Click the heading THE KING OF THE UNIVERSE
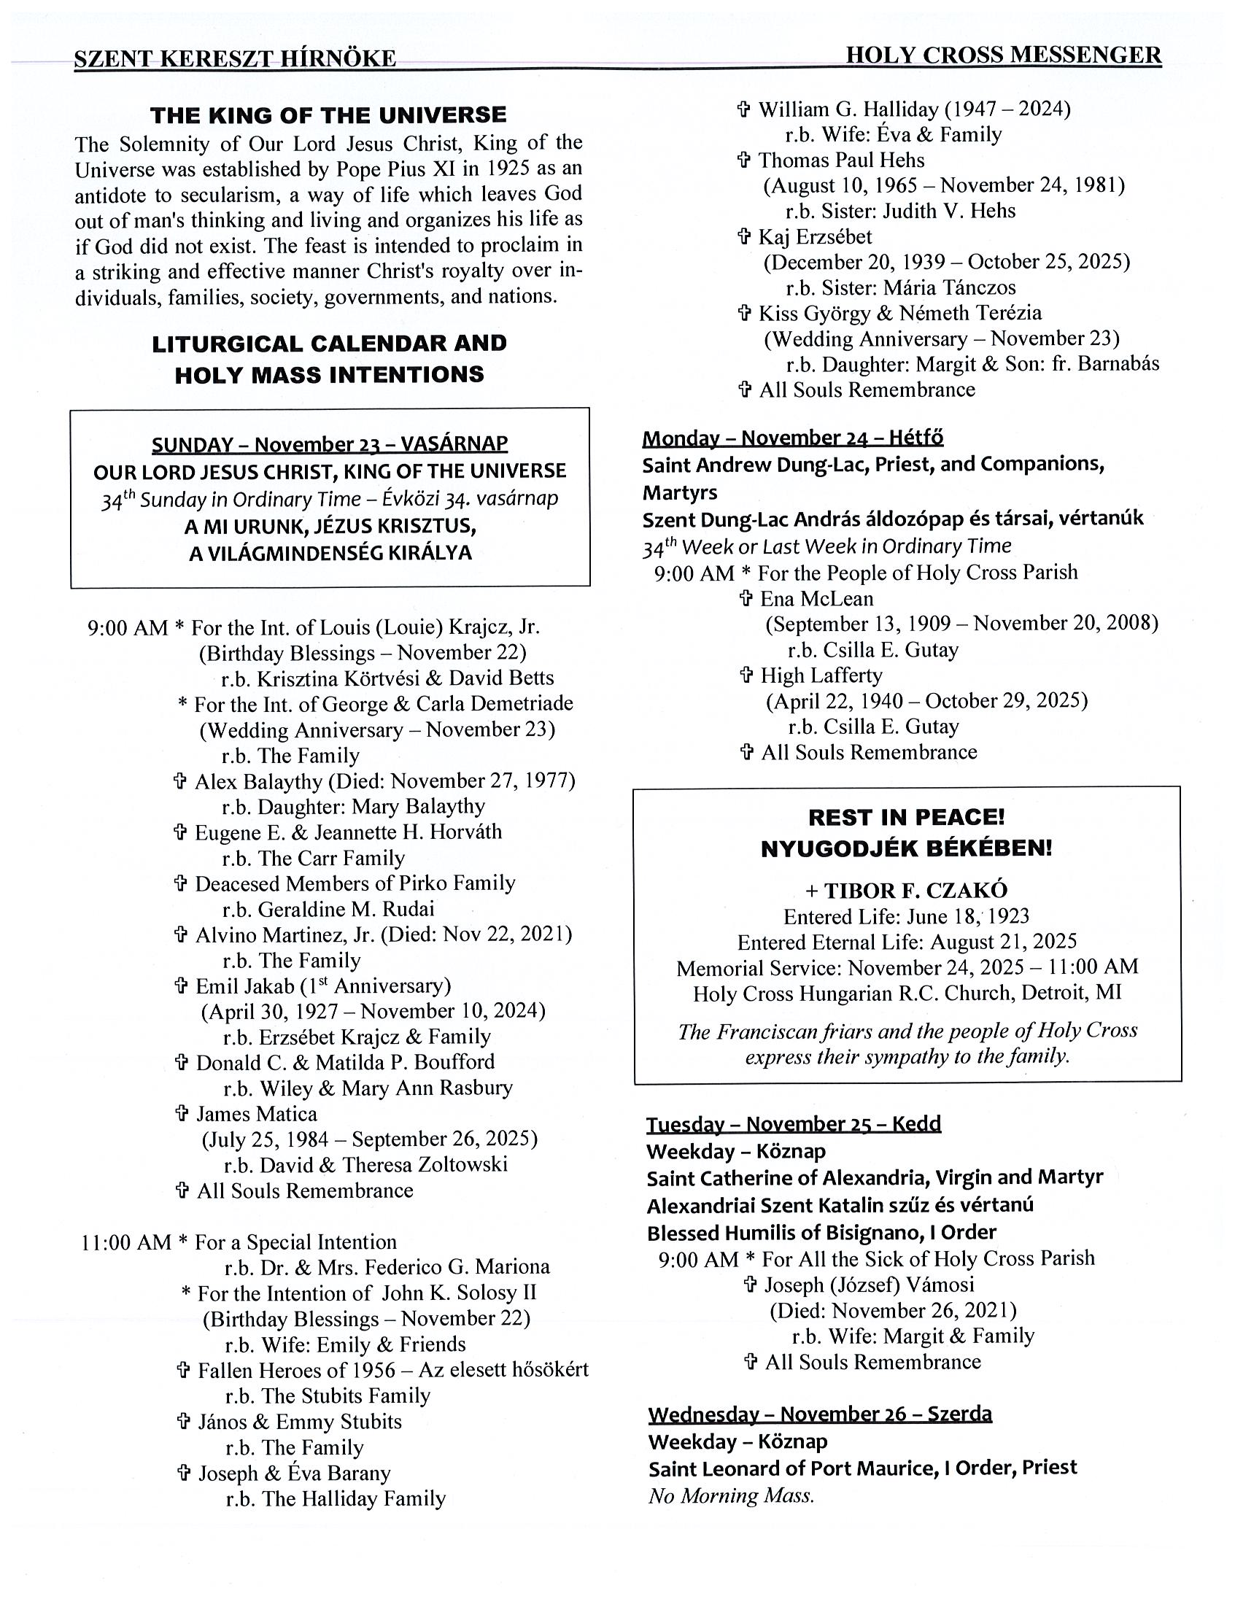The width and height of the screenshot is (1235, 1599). tap(328, 116)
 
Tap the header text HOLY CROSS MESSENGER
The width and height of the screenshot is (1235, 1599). tap(1003, 55)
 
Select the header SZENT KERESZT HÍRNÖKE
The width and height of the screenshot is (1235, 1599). tap(235, 58)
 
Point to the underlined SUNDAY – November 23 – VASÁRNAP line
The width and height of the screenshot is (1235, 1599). tap(330, 444)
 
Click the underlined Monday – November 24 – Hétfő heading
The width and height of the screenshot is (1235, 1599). tap(793, 438)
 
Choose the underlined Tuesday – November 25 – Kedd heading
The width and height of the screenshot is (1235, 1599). tap(794, 1124)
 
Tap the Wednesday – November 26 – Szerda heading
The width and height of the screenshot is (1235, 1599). tap(820, 1413)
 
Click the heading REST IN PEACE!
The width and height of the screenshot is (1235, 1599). tap(906, 817)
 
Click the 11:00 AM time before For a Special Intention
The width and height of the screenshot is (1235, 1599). tap(126, 1242)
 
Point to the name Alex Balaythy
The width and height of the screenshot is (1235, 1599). tap(258, 781)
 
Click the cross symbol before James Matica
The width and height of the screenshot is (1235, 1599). tap(182, 1114)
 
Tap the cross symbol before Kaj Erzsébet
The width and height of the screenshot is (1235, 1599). tap(744, 236)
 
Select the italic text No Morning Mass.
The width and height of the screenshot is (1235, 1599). tap(732, 1495)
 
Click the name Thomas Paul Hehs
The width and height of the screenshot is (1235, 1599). tap(841, 160)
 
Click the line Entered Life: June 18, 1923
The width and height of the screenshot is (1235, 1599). tap(906, 917)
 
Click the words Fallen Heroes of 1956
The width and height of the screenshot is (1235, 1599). tap(295, 1370)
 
